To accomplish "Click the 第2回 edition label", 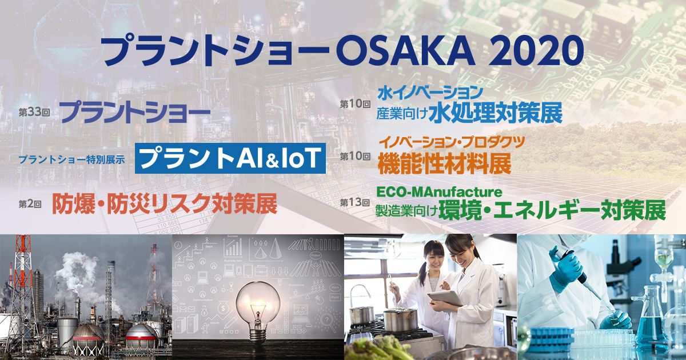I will click(x=31, y=203).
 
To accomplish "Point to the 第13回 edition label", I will click(x=355, y=203).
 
